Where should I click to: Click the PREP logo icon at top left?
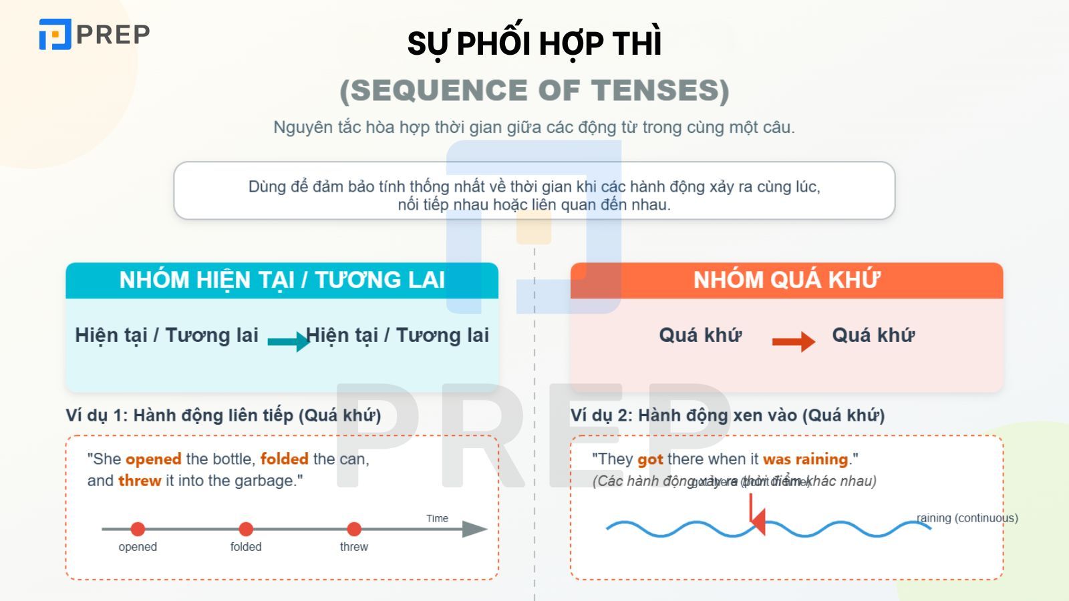[x=55, y=34]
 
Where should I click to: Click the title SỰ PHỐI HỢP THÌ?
[x=534, y=44]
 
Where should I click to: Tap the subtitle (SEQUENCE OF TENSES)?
[x=534, y=91]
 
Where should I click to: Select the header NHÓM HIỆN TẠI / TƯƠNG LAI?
[x=282, y=280]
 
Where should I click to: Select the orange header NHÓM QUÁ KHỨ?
[x=786, y=280]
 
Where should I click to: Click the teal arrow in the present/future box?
[x=288, y=341]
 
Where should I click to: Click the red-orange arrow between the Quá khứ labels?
[x=793, y=341]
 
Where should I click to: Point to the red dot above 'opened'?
[x=138, y=529]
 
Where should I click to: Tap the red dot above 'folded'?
[x=246, y=529]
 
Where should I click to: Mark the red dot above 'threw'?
[x=354, y=529]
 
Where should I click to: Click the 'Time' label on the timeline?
[x=437, y=518]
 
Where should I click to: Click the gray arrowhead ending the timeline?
[x=475, y=529]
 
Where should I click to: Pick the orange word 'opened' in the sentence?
[x=154, y=459]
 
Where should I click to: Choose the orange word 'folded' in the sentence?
[x=284, y=459]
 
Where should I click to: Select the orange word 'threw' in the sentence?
[x=140, y=481]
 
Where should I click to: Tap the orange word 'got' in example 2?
[x=650, y=459]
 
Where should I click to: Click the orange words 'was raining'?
[x=805, y=459]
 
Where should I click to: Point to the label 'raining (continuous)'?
[x=967, y=518]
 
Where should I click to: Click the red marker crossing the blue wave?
[x=754, y=516]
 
